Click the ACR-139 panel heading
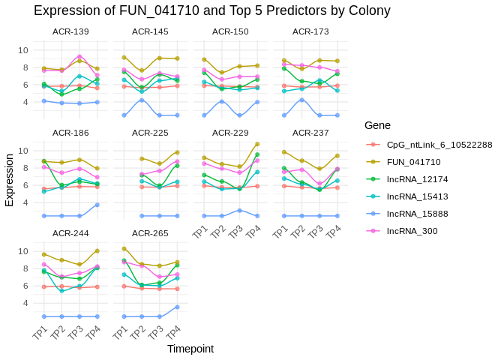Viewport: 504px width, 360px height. point(70,32)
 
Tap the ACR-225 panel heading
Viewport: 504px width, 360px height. point(150,133)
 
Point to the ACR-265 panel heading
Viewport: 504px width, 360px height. point(150,233)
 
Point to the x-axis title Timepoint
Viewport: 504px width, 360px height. point(190,349)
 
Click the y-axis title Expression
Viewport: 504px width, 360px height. point(9,181)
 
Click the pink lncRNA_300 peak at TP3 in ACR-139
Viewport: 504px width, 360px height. point(79,56)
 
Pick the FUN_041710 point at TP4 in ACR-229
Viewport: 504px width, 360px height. point(257,144)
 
